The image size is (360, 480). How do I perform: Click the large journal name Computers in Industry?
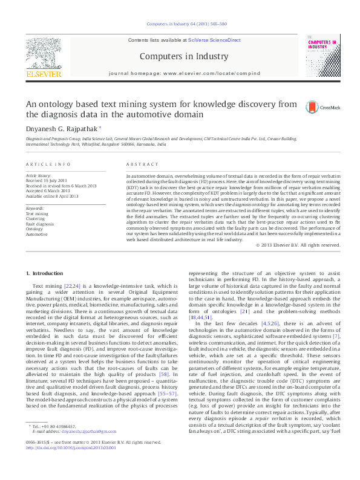(x=179, y=57)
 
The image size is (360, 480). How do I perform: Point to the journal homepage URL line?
(x=179, y=73)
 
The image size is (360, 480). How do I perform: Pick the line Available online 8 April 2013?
(x=52, y=196)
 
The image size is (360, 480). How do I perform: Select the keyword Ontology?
(x=34, y=229)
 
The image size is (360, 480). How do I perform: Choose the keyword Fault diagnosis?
(x=39, y=224)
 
